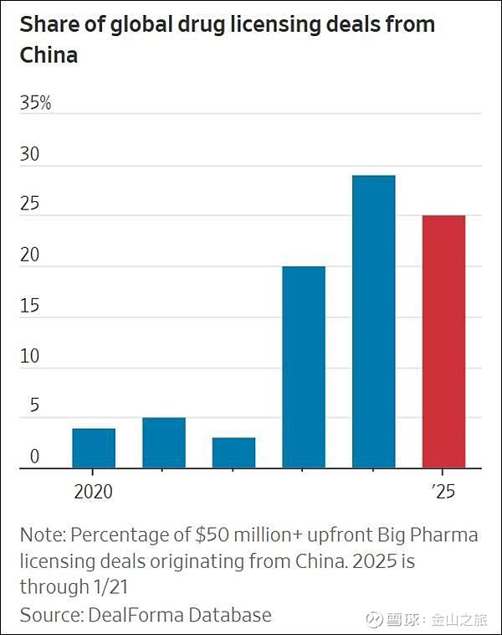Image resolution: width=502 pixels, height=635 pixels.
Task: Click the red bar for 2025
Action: pos(443,342)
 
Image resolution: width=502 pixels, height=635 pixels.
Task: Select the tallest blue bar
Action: pos(373,322)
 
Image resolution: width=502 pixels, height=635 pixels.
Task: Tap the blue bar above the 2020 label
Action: pos(94,448)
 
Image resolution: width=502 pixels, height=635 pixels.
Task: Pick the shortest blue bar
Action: pos(233,453)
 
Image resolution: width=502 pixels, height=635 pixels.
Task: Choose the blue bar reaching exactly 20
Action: pos(304,367)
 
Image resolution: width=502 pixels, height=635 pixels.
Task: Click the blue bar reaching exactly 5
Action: pos(164,443)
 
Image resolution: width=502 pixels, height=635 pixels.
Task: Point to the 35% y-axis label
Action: pos(36,103)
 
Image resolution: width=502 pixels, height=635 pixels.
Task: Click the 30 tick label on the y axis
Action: pos(30,154)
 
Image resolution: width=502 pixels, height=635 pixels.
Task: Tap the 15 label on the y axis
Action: pos(30,306)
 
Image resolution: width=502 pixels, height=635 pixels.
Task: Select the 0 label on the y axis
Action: pos(35,457)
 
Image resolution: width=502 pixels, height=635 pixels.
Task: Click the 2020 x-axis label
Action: pos(94,492)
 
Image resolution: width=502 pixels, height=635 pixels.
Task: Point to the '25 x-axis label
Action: pos(443,492)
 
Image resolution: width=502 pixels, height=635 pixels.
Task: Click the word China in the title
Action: pos(49,55)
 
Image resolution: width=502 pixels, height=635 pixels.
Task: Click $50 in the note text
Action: pos(212,534)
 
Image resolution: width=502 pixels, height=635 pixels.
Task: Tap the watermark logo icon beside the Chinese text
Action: pos(374,619)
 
